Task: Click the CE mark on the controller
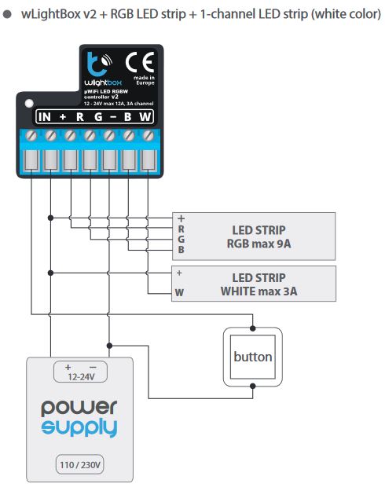[140, 62]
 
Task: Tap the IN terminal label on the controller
[44, 117]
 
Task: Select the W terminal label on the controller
[145, 117]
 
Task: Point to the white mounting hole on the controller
[29, 104]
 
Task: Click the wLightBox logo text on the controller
[103, 82]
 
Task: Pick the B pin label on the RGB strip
[181, 250]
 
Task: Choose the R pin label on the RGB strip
[181, 229]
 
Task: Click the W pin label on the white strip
[179, 292]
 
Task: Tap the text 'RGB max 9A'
[258, 244]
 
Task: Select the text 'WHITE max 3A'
[258, 291]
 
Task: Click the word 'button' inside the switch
[253, 357]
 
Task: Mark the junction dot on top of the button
[253, 328]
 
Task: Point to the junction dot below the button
[253, 386]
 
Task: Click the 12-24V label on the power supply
[81, 377]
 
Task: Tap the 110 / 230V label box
[80, 465]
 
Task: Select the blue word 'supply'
[79, 427]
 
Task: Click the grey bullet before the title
[7, 14]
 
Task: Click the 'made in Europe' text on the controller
[145, 80]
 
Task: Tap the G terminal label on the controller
[98, 117]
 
